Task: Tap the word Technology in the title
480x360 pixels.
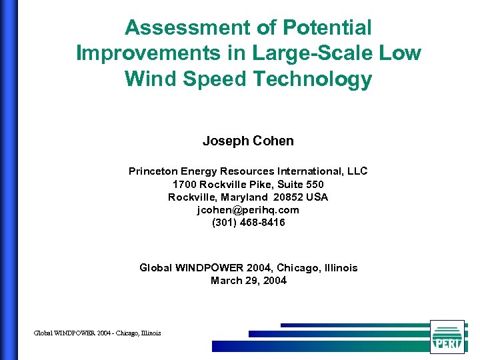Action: [312, 79]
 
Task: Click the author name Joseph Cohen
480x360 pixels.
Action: [248, 141]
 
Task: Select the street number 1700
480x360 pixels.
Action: [184, 184]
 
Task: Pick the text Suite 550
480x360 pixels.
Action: [301, 184]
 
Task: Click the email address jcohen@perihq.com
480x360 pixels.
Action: [248, 210]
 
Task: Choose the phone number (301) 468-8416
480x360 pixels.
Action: [248, 223]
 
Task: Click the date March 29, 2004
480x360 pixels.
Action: [248, 281]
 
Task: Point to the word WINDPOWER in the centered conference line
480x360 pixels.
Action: [205, 268]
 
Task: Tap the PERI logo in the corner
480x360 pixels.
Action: [447, 336]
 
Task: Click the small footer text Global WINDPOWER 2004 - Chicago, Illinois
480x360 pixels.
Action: [97, 333]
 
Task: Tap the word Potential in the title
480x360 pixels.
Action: [327, 28]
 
